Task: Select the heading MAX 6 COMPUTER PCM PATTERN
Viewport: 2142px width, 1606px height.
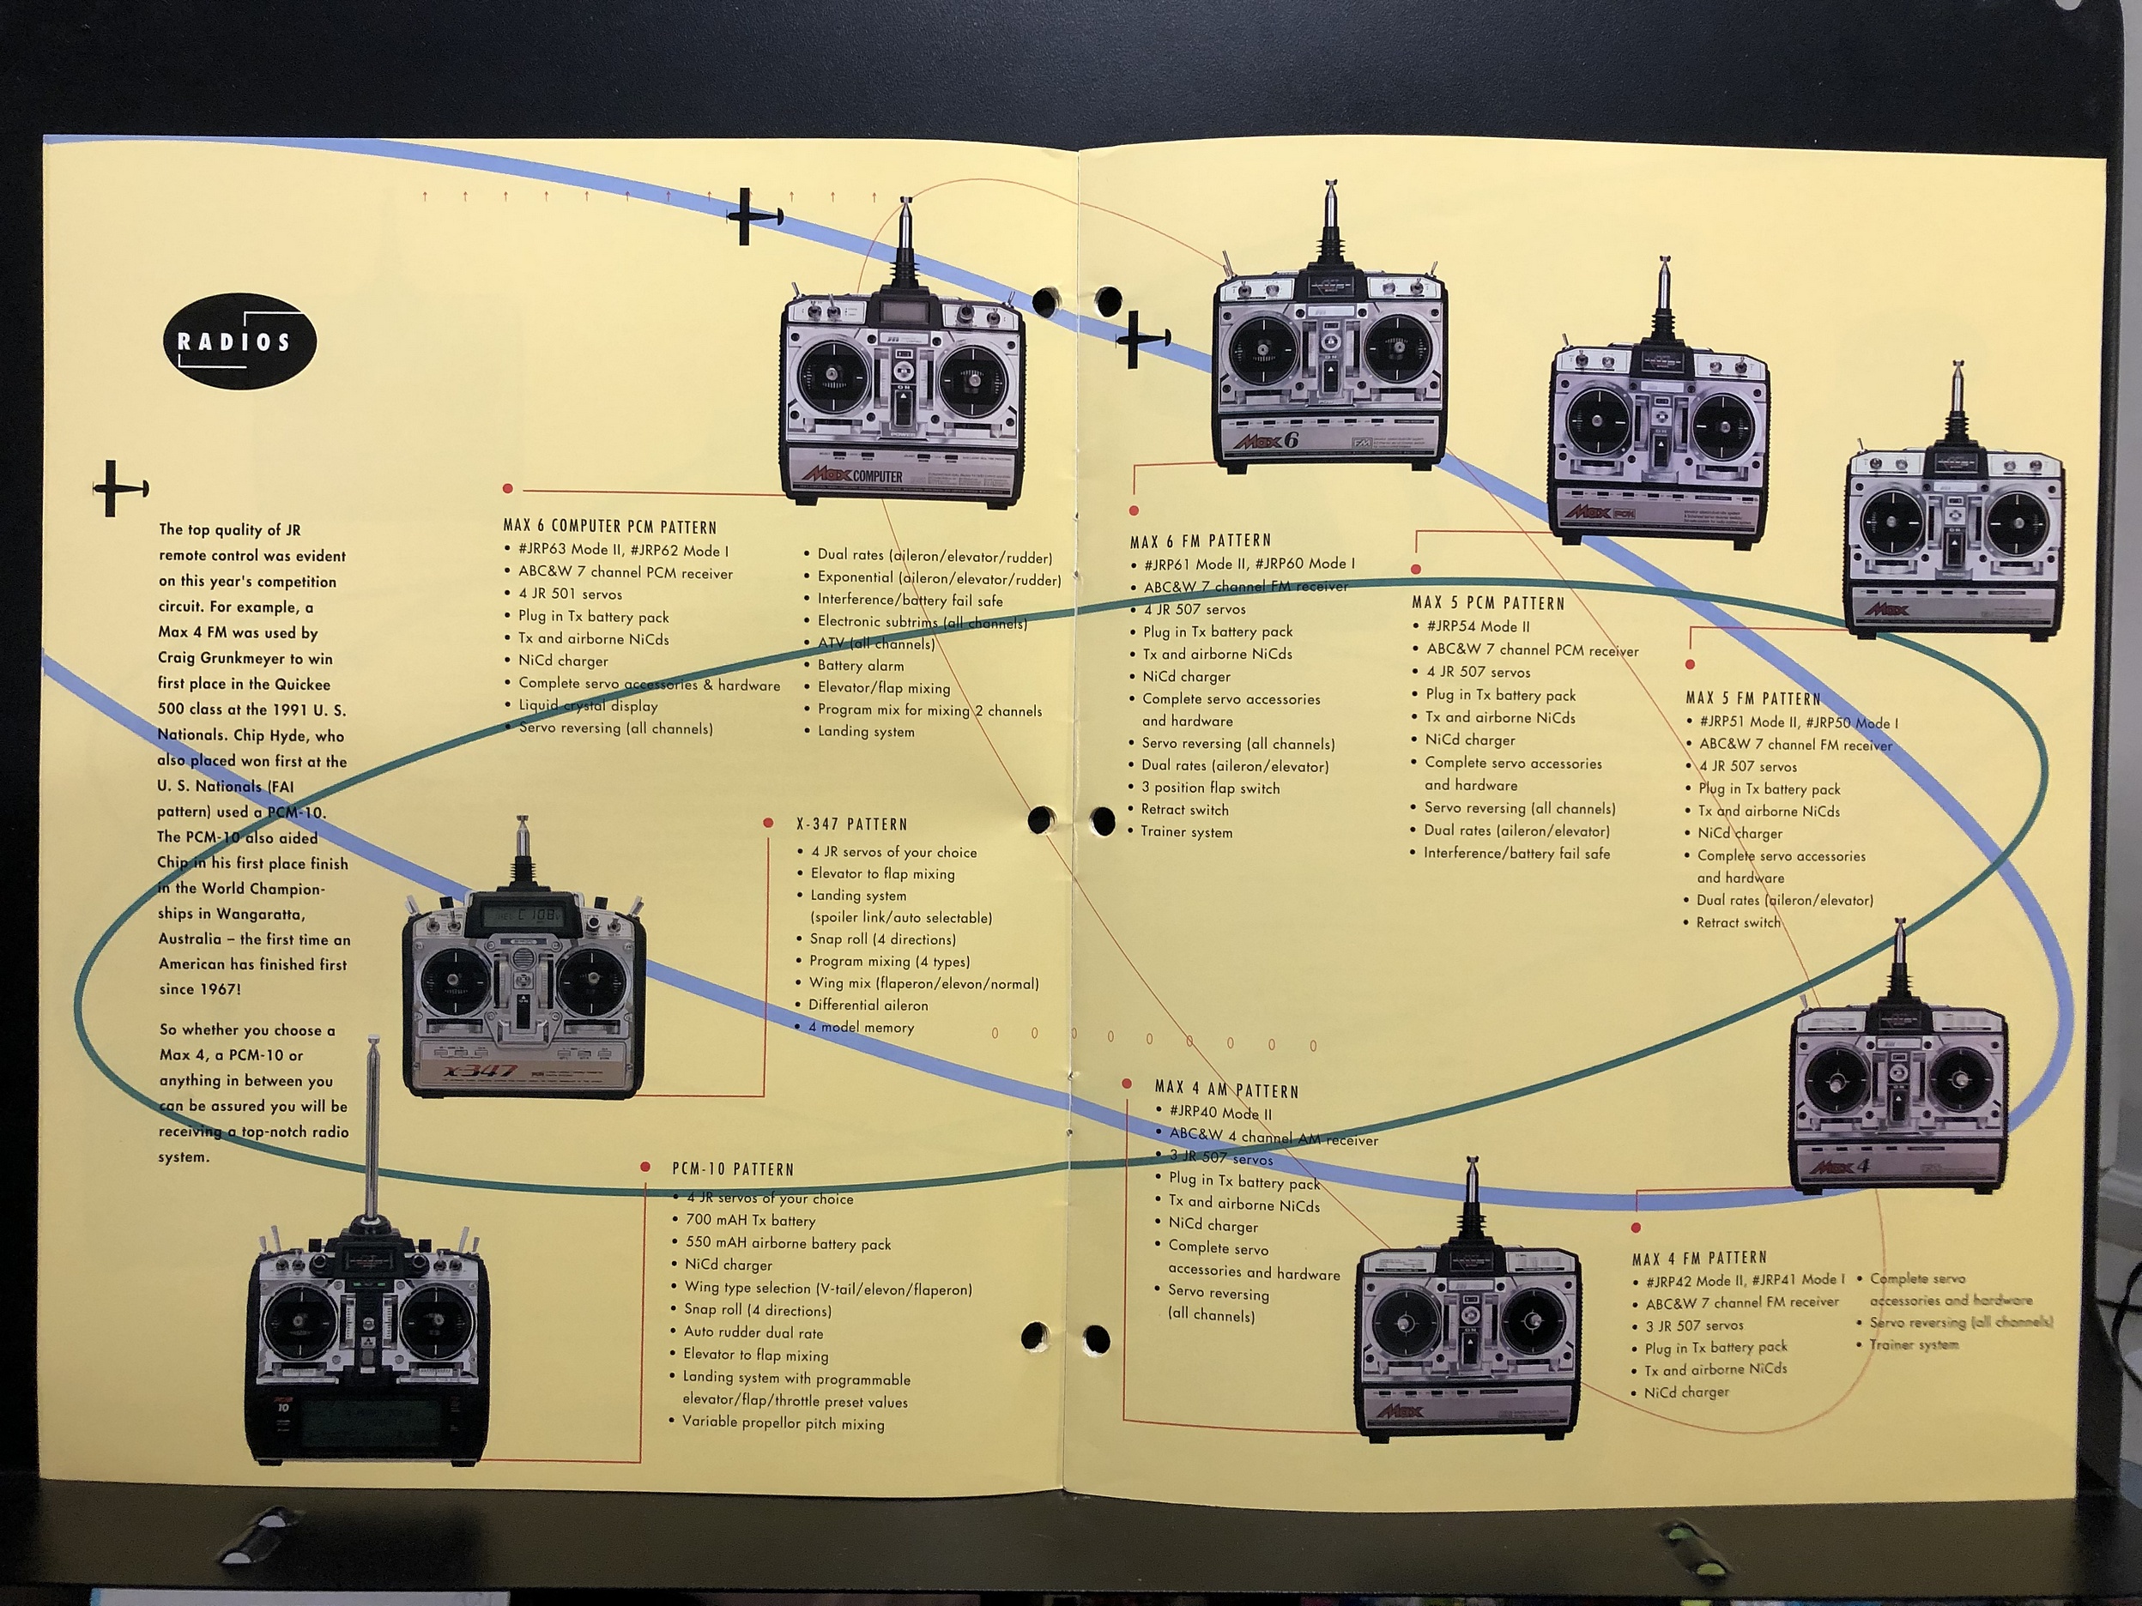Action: [609, 527]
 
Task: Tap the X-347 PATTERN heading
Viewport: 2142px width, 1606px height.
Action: [851, 824]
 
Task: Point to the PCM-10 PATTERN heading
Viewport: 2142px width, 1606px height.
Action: [732, 1168]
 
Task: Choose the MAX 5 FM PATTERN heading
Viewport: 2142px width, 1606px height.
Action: [1752, 698]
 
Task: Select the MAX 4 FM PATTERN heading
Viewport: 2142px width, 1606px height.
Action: [1698, 1258]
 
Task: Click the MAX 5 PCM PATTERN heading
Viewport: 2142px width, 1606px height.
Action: [1487, 603]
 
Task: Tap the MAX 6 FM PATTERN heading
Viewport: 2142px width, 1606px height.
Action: [1200, 540]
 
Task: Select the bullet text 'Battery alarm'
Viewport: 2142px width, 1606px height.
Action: [860, 665]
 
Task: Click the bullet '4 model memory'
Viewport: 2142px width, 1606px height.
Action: [861, 1027]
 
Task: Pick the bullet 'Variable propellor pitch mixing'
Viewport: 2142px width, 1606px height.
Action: [783, 1423]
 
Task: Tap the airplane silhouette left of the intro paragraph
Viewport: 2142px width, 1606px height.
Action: [119, 487]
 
